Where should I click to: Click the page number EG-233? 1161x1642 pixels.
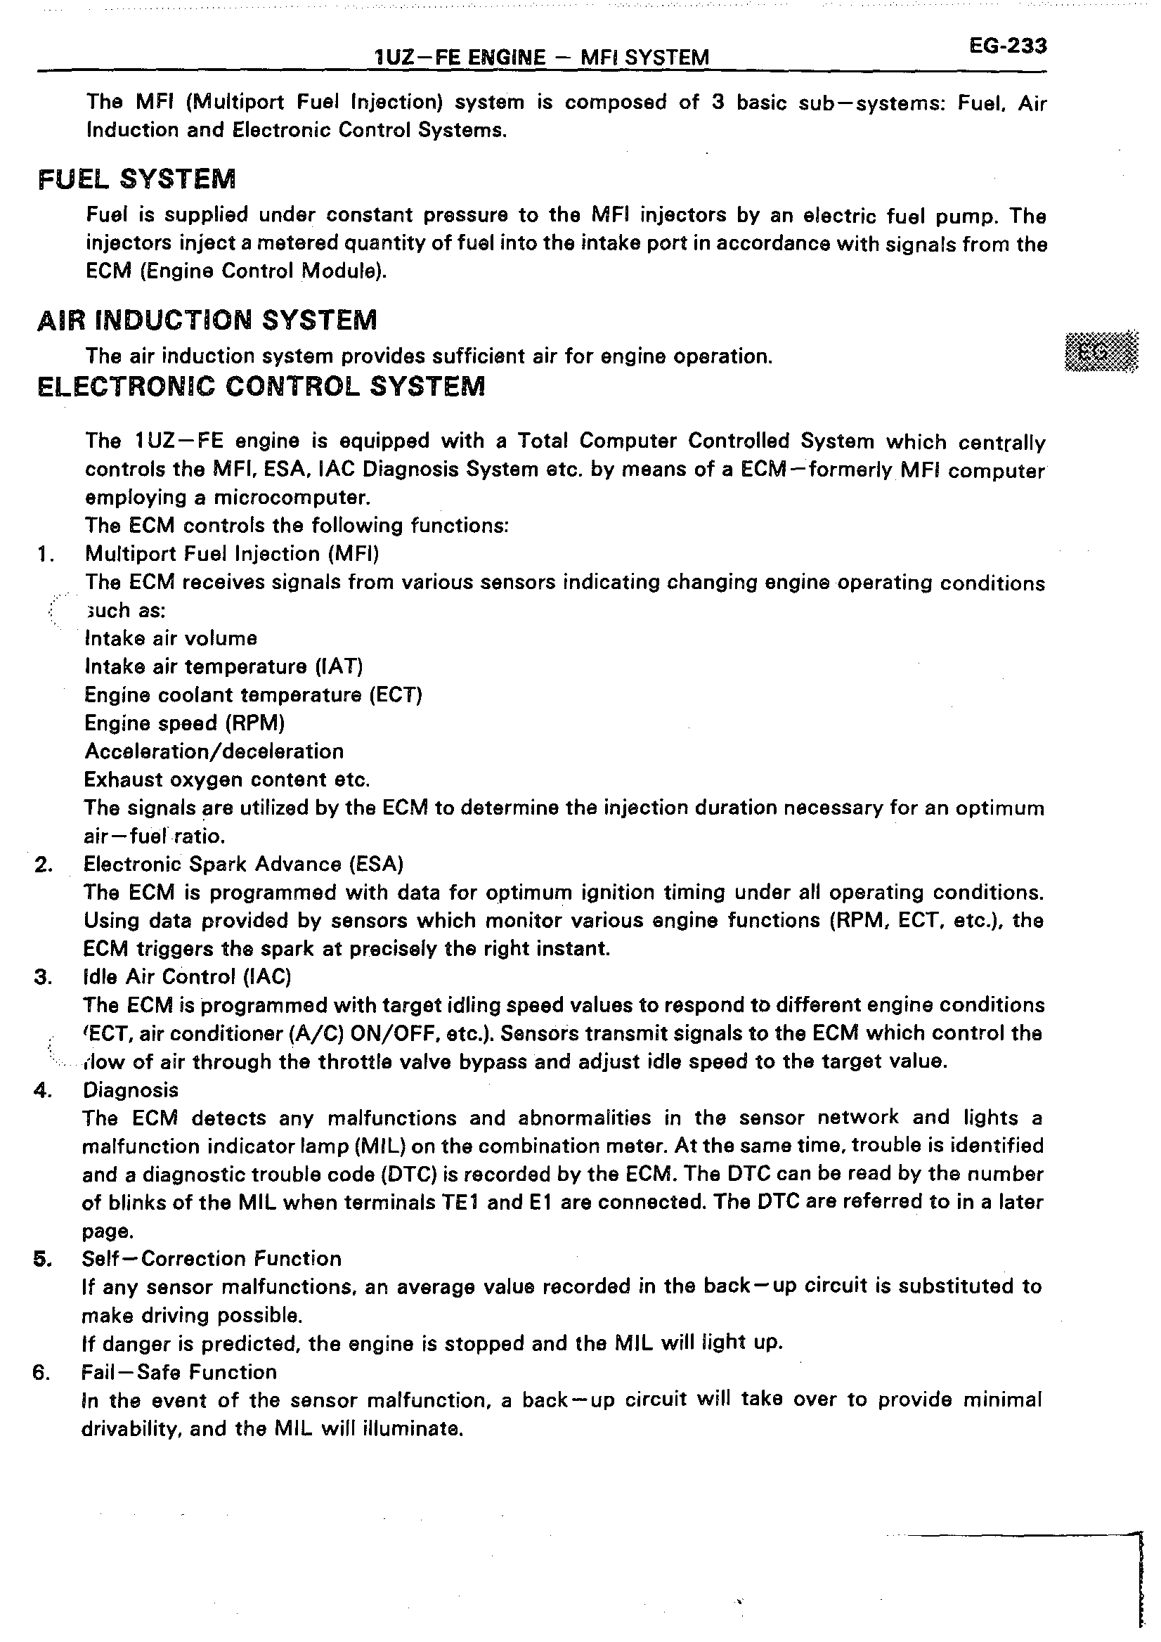[1007, 46]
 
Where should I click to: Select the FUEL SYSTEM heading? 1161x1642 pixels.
[136, 179]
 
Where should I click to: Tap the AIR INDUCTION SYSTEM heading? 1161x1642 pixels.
[207, 320]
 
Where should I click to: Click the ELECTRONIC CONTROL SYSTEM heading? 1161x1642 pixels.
[261, 387]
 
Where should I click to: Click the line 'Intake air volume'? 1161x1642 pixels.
[171, 639]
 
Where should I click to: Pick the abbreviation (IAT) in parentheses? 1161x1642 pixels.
[339, 666]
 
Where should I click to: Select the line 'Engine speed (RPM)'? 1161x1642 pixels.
[184, 723]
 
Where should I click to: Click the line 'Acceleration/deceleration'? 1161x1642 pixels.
[214, 751]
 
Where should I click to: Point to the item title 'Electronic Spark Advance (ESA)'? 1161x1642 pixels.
[244, 865]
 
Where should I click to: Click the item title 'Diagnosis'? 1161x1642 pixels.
[131, 1091]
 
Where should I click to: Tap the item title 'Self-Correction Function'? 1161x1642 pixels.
[212, 1259]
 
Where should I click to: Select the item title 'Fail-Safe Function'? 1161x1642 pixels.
[179, 1372]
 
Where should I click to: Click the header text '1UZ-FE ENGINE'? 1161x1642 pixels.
[460, 57]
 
